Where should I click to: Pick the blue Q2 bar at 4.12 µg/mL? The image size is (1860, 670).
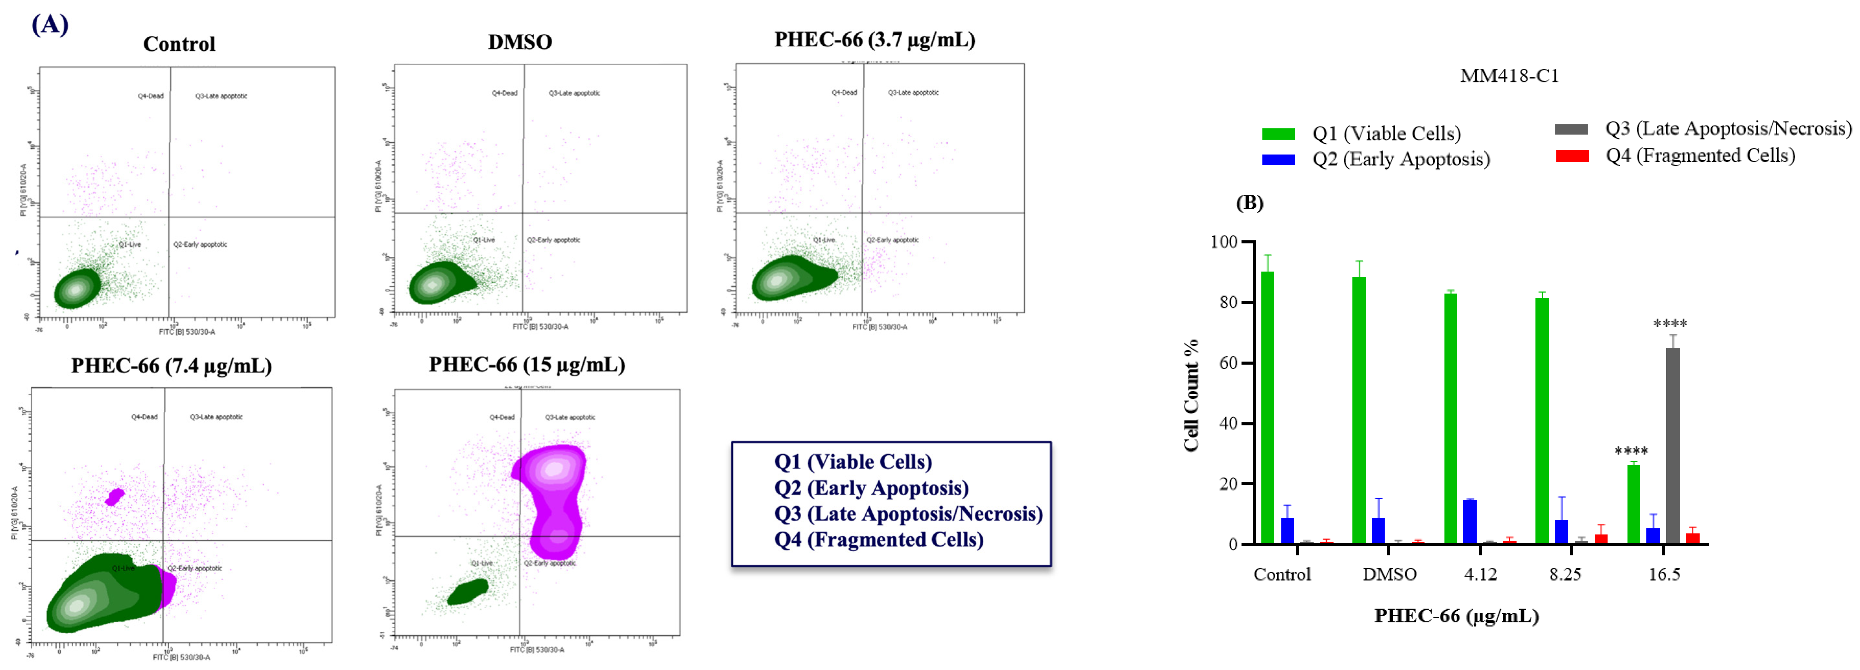[x=1469, y=521]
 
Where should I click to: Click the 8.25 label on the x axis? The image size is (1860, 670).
[x=1565, y=575]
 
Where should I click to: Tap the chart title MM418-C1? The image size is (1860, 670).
[x=1509, y=76]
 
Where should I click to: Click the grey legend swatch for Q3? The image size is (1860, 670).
[x=1571, y=129]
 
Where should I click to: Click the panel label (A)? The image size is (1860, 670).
[x=50, y=25]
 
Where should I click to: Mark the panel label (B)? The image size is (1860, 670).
[x=1250, y=203]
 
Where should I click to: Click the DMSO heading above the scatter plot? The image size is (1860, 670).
[x=520, y=42]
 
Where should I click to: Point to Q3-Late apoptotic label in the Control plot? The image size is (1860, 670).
[x=221, y=96]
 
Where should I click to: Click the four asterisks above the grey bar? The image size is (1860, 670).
[x=1670, y=324]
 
